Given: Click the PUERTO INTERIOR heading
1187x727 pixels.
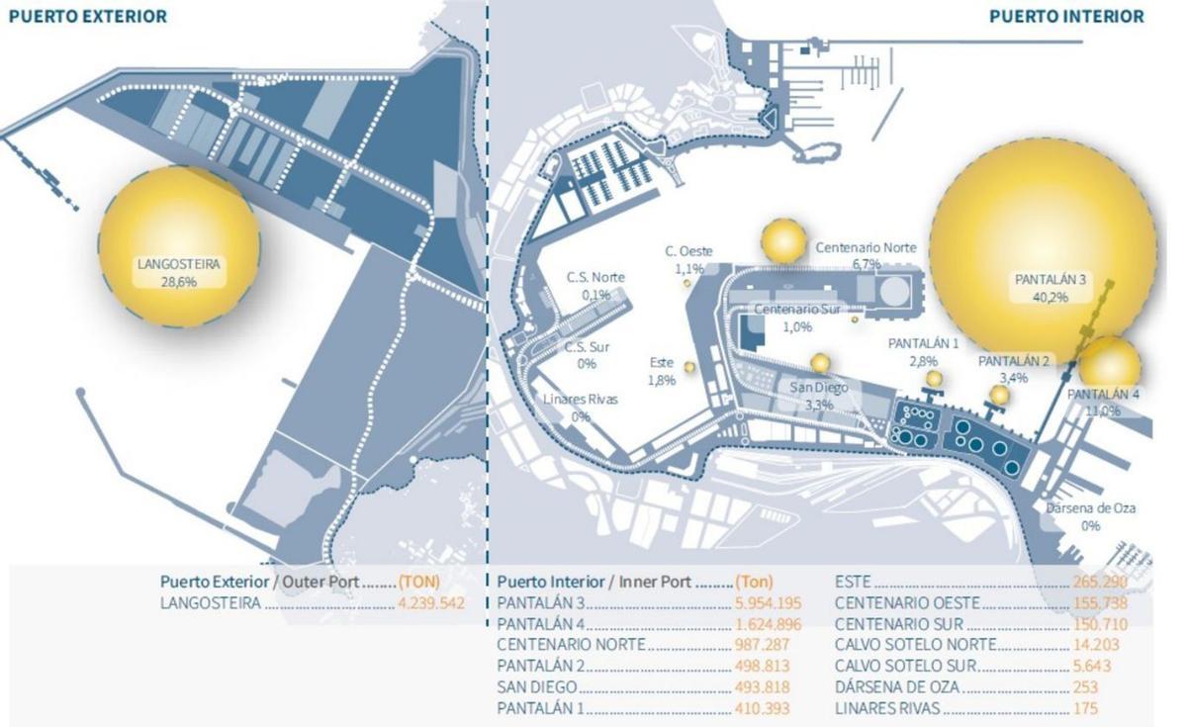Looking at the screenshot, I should [1066, 17].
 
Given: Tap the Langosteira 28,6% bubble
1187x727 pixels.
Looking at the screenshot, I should [180, 247].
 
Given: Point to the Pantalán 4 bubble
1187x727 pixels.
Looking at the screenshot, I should [1109, 363].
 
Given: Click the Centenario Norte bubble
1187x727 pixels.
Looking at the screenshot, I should [785, 240].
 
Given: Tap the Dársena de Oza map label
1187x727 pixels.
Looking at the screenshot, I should [1091, 517].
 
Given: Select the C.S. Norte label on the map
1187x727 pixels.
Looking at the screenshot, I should [595, 285].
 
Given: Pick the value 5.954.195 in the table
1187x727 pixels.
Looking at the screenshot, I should [767, 601].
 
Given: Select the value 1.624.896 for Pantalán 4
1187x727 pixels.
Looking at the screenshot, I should [767, 623].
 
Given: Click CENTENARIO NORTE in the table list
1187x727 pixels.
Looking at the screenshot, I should [571, 645].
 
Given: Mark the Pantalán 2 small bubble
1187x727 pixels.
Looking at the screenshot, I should [1000, 395].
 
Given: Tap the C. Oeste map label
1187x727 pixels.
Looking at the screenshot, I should [688, 259].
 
